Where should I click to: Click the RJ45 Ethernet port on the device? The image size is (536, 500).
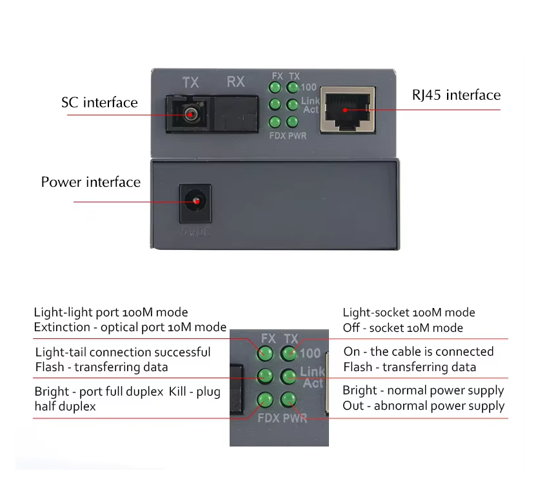pyautogui.click(x=348, y=109)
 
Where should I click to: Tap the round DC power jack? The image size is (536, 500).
pyautogui.click(x=195, y=202)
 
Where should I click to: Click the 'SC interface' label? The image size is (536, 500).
pyautogui.click(x=99, y=102)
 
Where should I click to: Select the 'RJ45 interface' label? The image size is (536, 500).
pyautogui.click(x=457, y=95)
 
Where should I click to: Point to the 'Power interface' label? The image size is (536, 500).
pyautogui.click(x=91, y=182)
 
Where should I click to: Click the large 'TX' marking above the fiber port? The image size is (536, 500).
pyautogui.click(x=190, y=82)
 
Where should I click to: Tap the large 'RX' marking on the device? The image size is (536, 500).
pyautogui.click(x=236, y=82)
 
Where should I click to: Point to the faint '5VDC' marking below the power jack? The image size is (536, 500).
pyautogui.click(x=195, y=231)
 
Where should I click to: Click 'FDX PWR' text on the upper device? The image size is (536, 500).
pyautogui.click(x=288, y=135)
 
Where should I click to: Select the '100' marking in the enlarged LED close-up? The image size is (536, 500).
pyautogui.click(x=310, y=353)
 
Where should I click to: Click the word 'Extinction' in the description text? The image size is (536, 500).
pyautogui.click(x=62, y=327)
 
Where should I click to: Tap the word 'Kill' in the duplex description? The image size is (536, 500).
pyautogui.click(x=177, y=391)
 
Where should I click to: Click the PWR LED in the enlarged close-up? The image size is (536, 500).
pyautogui.click(x=288, y=399)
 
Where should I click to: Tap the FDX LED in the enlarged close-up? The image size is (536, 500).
pyautogui.click(x=265, y=399)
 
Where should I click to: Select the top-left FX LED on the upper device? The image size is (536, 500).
pyautogui.click(x=275, y=87)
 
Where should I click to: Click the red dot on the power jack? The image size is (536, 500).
pyautogui.click(x=197, y=202)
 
